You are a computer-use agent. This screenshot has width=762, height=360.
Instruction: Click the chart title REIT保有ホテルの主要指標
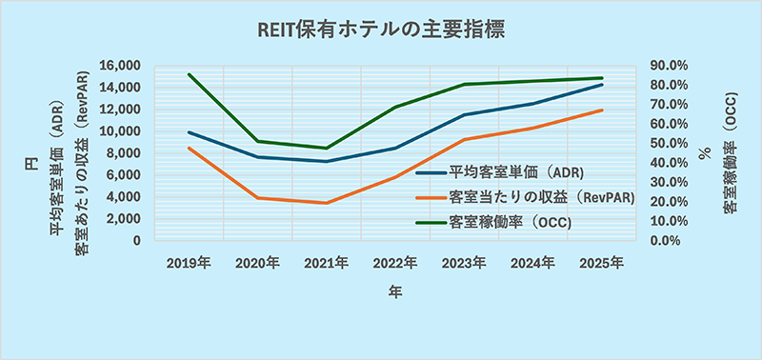click(x=381, y=30)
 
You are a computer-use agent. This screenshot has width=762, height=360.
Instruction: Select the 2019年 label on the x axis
click(x=190, y=262)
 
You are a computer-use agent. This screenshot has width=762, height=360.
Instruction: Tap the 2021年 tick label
click(x=327, y=262)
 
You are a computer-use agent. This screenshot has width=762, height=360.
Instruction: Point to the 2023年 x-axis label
click(x=464, y=262)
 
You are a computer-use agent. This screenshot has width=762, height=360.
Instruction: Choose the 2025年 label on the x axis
click(x=601, y=262)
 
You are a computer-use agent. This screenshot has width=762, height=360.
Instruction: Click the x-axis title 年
click(x=394, y=293)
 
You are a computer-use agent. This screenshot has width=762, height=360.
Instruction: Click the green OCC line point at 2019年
click(x=190, y=74)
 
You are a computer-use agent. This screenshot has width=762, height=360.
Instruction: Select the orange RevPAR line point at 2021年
click(x=327, y=203)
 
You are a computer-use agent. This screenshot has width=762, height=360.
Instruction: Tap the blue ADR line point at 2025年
click(x=601, y=85)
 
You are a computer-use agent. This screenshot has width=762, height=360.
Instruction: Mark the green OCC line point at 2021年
click(x=327, y=148)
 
